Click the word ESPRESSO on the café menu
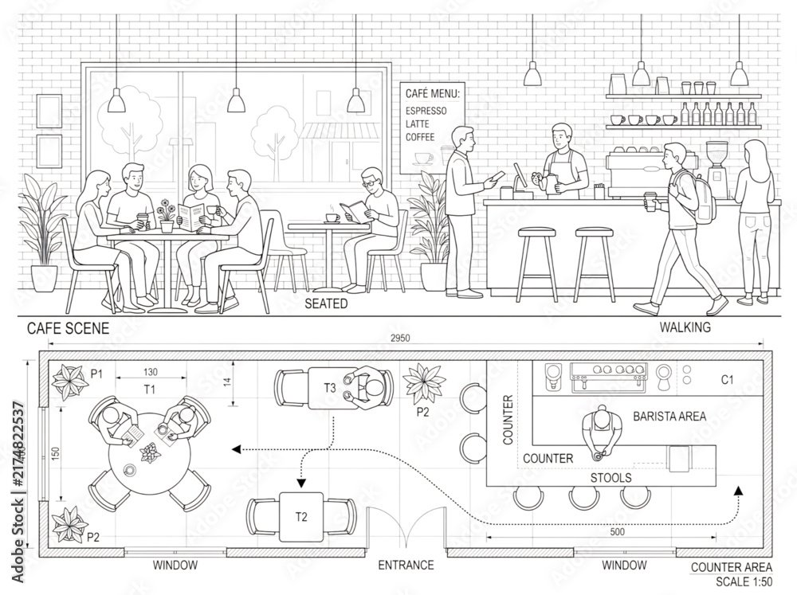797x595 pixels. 426,111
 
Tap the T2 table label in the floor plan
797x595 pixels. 301,517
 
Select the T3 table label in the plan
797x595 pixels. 330,388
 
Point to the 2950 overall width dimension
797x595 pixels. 400,338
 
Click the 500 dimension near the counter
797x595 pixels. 617,532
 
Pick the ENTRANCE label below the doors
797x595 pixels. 406,565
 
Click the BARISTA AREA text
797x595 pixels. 669,417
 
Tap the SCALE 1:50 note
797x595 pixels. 744,581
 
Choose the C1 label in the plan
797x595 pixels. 728,380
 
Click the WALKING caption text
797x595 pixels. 685,327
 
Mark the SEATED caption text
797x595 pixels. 326,303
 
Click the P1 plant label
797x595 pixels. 96,374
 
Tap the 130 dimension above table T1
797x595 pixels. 151,372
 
